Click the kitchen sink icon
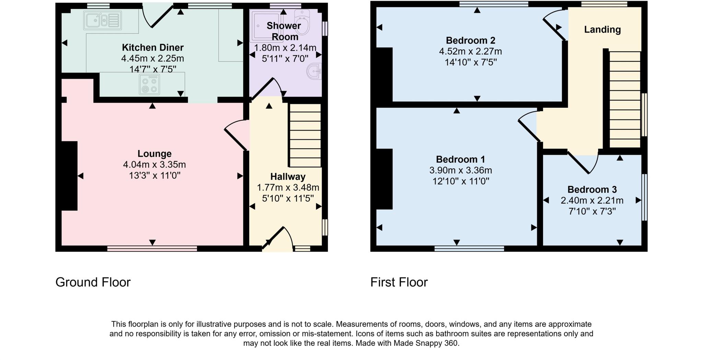tap(102, 20)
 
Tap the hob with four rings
tap(150, 84)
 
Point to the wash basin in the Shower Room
tap(314, 71)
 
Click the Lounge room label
tap(154, 154)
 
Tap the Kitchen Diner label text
tap(153, 47)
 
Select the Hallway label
tap(288, 177)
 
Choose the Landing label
tap(602, 30)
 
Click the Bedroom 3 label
tap(592, 189)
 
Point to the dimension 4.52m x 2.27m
tap(470, 51)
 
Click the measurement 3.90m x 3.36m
tap(461, 170)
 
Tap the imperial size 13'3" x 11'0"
tap(154, 176)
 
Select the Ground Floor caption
tap(93, 282)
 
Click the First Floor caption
tap(399, 282)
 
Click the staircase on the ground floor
tap(305, 135)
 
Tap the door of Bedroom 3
tap(583, 162)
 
